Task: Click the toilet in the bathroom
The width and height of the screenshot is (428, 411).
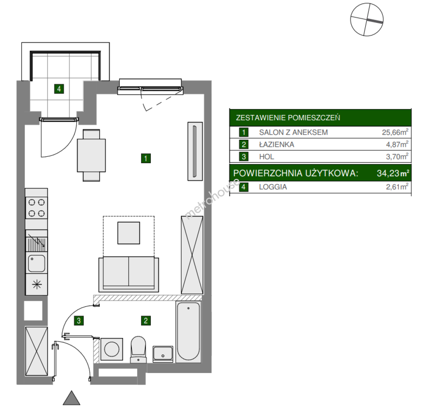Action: tap(138, 349)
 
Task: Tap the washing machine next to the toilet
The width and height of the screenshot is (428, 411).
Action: tap(112, 349)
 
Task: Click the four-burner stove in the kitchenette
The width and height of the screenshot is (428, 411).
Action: tap(36, 208)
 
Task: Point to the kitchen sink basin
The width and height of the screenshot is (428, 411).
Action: tap(36, 263)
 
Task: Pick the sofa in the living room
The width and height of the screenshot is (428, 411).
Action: tap(128, 274)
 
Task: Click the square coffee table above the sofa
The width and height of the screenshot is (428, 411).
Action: tap(129, 233)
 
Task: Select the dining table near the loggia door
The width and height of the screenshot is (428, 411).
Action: tap(91, 155)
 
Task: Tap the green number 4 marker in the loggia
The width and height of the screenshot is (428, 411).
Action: tap(59, 89)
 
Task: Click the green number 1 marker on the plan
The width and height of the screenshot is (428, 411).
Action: tap(146, 158)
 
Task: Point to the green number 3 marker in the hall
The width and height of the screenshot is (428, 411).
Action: tap(79, 320)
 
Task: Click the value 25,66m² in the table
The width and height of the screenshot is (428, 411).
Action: tap(395, 132)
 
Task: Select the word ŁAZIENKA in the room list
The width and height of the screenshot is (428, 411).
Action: tap(276, 144)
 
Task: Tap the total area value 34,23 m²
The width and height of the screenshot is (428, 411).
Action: tap(393, 173)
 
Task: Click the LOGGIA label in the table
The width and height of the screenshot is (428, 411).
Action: tap(273, 187)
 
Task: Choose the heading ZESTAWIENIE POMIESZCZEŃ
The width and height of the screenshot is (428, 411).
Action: tap(288, 118)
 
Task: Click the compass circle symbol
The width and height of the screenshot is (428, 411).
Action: tap(366, 19)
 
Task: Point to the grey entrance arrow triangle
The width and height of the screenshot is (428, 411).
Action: tap(71, 398)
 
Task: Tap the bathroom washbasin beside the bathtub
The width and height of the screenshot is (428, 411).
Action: tap(163, 354)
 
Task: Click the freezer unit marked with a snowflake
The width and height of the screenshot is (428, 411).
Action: tap(36, 285)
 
